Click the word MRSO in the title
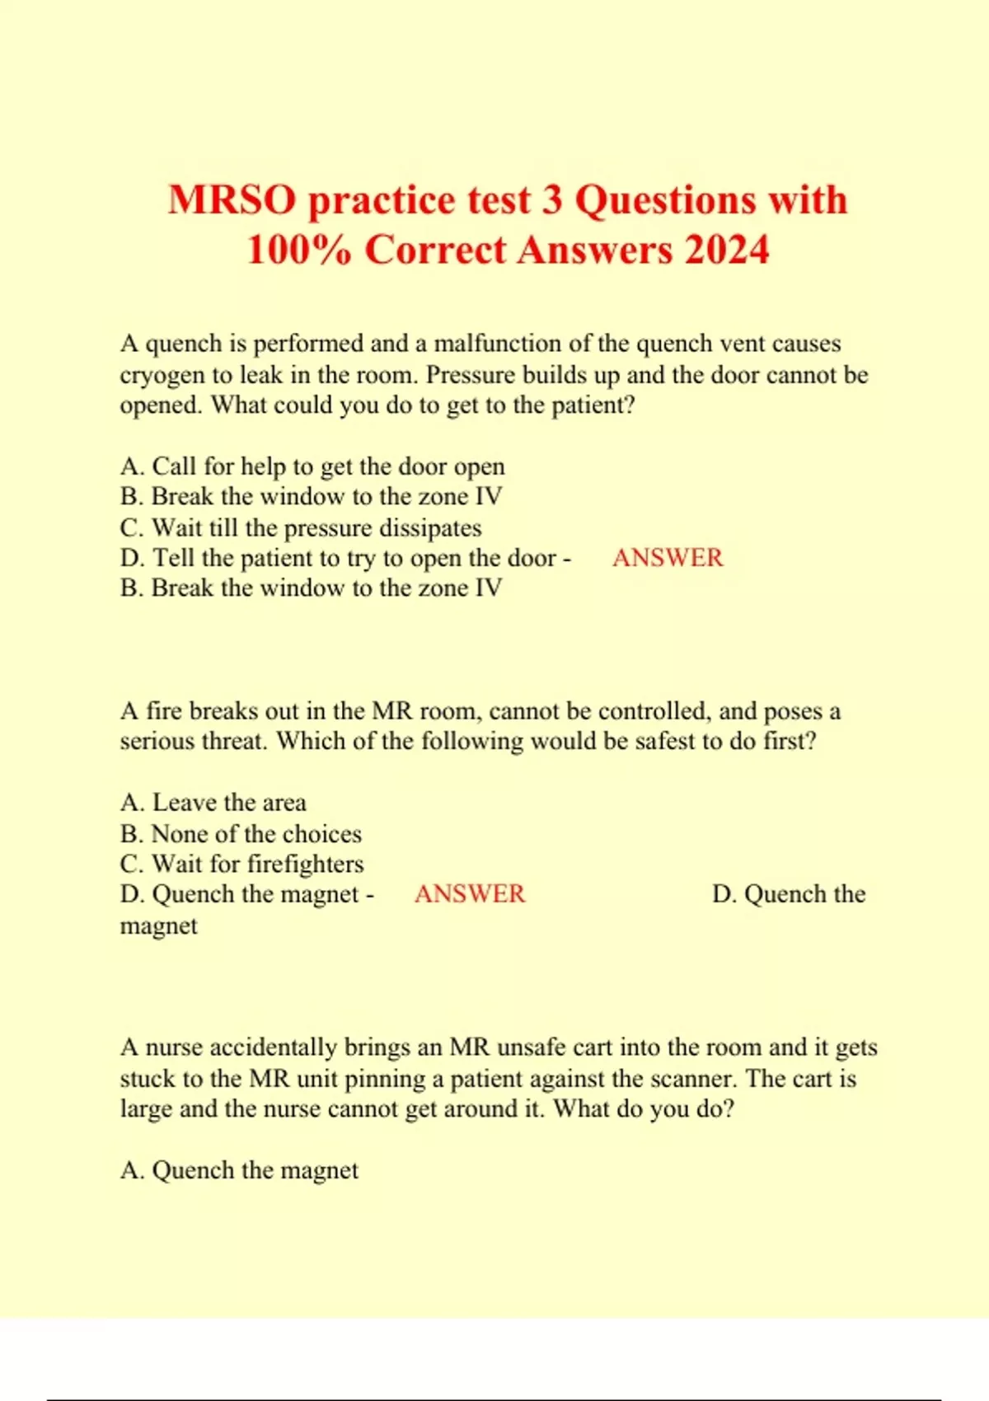point(232,200)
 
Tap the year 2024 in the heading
point(727,250)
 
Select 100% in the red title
point(299,250)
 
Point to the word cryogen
point(162,375)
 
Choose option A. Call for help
point(312,466)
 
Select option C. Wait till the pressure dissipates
point(300,527)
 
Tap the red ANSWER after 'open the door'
point(667,558)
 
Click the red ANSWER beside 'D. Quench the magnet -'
point(469,894)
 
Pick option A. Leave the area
point(213,803)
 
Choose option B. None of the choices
point(241,833)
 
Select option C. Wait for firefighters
point(241,864)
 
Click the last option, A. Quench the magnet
point(239,1170)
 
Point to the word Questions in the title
point(665,200)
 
